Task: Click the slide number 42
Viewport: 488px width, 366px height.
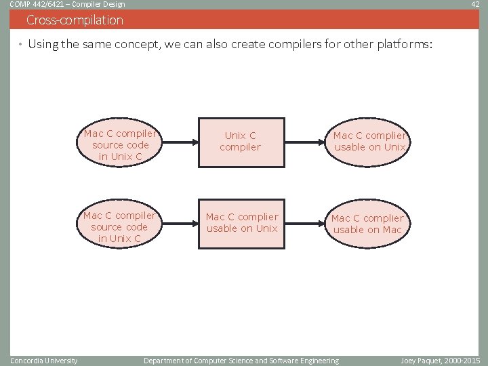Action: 476,4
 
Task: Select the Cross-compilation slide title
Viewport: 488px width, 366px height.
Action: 75,20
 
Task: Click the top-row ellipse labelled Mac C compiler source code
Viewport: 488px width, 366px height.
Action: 121,145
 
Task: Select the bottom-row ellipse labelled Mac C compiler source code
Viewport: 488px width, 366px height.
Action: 119,226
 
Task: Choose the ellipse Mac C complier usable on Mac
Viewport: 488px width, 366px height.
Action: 368,224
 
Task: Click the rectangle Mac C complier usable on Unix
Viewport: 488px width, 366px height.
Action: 242,223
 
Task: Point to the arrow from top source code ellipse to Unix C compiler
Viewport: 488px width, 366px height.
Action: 178,143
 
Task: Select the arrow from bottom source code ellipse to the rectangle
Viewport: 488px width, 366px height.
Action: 178,224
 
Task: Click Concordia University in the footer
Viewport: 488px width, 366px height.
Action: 44,360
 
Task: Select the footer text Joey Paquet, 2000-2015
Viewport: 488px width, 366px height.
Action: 440,360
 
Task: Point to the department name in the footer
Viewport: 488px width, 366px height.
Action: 241,360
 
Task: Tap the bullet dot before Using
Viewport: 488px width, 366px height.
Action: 20,45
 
